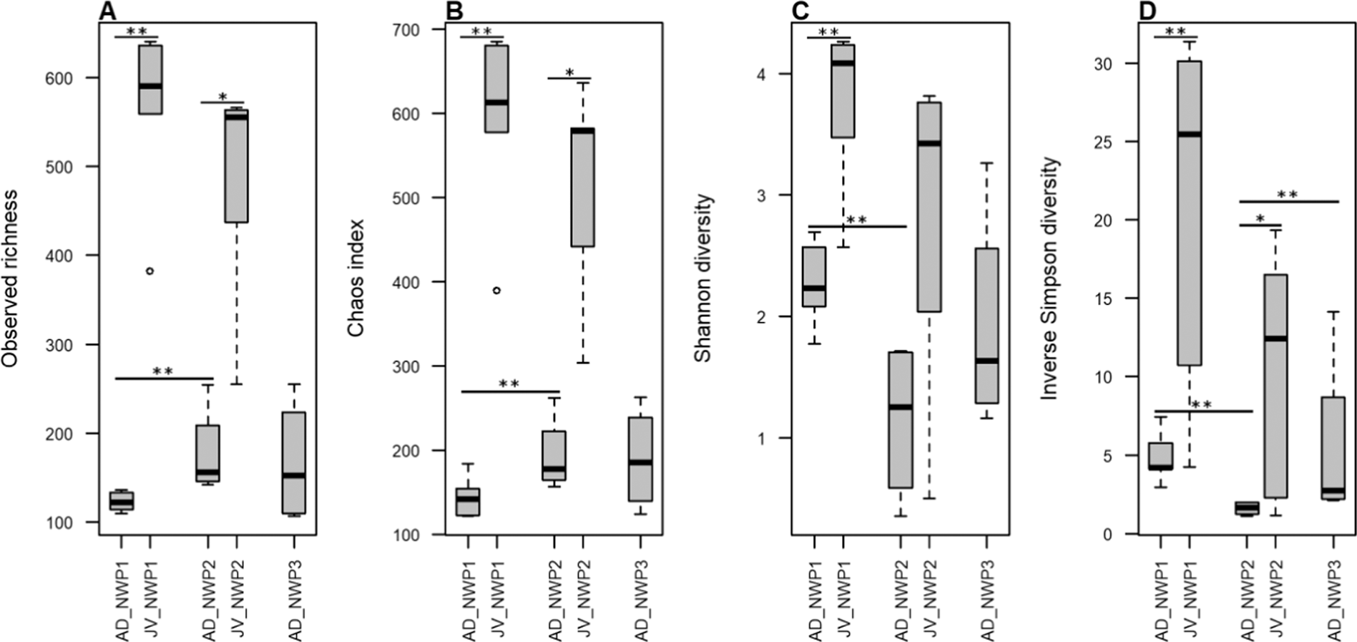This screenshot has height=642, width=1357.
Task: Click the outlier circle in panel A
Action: (150, 271)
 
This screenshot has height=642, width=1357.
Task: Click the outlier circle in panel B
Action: (496, 290)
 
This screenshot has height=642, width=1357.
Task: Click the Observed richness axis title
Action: (10, 279)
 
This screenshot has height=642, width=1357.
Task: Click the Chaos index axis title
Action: (356, 279)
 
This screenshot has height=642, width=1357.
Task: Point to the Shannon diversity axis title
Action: (704, 279)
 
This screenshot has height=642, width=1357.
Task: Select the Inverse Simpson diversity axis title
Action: (1049, 279)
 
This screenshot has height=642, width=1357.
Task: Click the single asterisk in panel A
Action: (223, 97)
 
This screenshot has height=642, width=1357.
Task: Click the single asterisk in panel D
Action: (1260, 219)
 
